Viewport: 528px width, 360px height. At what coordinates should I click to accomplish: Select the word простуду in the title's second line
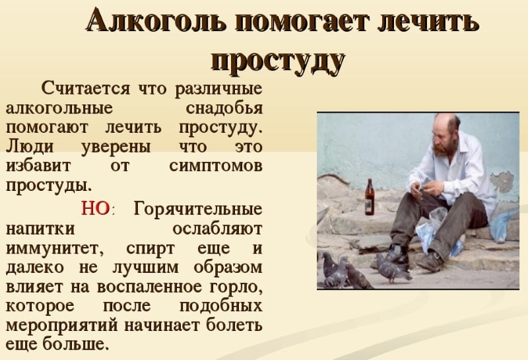[278, 61]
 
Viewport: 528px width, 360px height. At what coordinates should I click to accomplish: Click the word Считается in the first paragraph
[86, 89]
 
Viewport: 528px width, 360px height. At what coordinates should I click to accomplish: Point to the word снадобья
[224, 108]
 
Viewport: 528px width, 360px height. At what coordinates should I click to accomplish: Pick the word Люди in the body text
[30, 147]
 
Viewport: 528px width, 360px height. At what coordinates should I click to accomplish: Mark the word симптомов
[216, 166]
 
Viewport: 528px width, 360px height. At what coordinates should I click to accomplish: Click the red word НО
[96, 208]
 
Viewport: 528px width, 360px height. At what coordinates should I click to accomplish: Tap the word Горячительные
[198, 209]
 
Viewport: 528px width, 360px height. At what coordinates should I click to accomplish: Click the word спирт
[150, 249]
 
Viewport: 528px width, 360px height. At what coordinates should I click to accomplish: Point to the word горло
[235, 287]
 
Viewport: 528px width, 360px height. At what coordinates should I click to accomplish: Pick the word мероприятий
[62, 326]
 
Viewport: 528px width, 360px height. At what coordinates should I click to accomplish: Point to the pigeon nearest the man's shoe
[392, 268]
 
